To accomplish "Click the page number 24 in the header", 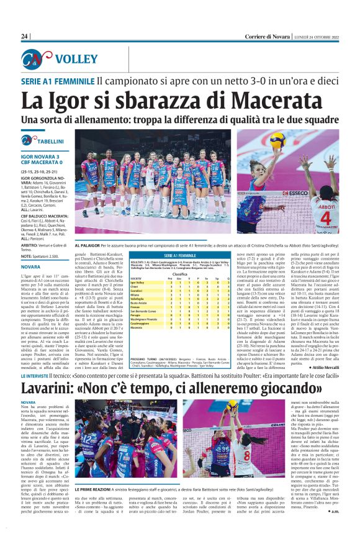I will click(25, 37).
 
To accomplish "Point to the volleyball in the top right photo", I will click(277, 138).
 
